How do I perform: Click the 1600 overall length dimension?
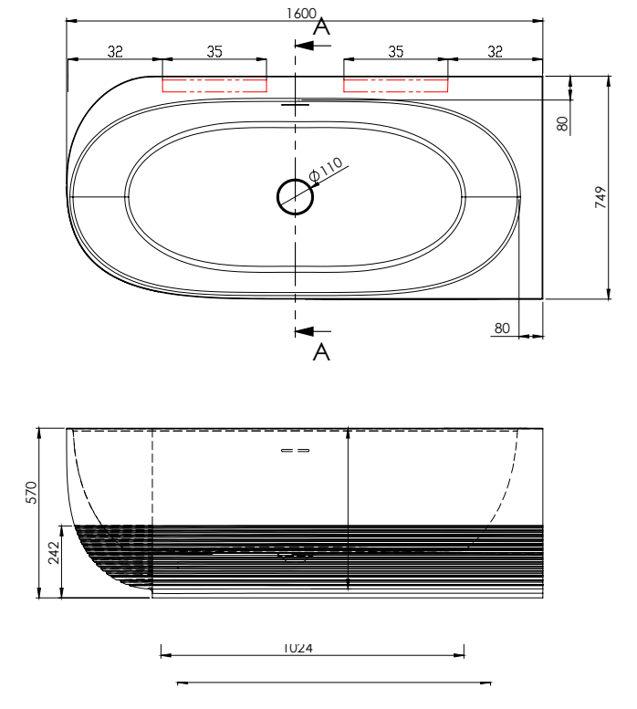tap(302, 13)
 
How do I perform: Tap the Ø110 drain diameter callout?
tap(326, 168)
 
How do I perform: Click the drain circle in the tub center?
tap(295, 194)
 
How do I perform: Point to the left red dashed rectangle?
tap(214, 85)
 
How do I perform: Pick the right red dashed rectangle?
tap(396, 85)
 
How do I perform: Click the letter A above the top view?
tap(321, 28)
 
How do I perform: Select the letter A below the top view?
tap(321, 352)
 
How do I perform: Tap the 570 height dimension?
tap(29, 494)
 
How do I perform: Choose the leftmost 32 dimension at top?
tap(115, 52)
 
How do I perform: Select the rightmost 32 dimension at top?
tap(495, 52)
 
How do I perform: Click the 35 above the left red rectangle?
tap(214, 52)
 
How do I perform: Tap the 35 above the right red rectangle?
tap(395, 52)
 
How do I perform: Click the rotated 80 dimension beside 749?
tap(562, 122)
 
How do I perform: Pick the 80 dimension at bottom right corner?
tap(501, 328)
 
